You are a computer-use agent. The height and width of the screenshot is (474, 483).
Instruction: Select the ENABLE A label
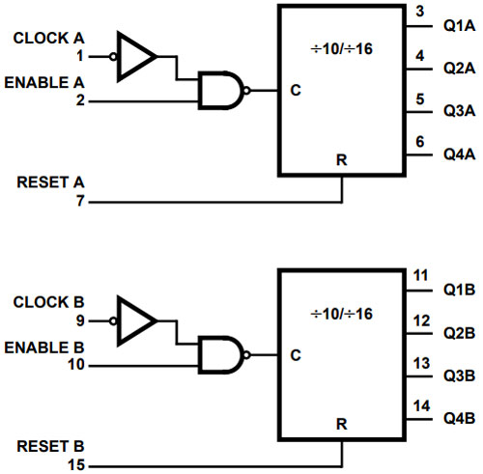coord(45,83)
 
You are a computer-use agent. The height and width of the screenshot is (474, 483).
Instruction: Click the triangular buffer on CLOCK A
coord(135,54)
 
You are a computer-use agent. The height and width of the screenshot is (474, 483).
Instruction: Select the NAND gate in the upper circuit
coord(220,91)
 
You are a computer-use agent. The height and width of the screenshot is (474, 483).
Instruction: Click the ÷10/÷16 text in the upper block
coord(342,49)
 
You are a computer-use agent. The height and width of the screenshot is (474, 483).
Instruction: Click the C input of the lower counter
coord(294,355)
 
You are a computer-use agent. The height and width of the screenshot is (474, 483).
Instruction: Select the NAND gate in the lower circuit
coord(220,355)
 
